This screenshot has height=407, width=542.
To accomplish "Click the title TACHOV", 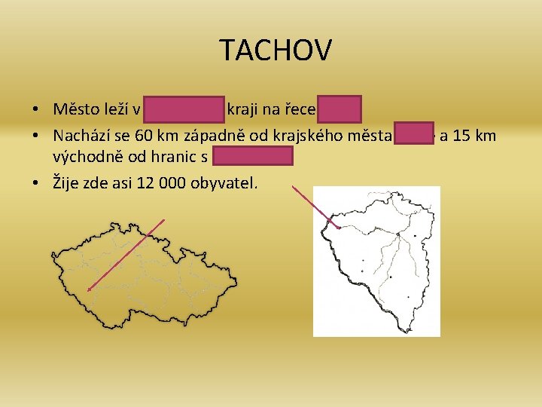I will point(276,50).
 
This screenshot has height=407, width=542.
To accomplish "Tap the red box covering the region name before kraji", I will point(184,109).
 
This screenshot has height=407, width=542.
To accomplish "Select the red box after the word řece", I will point(339,109).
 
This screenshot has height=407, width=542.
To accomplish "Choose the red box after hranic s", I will point(252,156).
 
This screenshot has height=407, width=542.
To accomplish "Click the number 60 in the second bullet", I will point(148,136).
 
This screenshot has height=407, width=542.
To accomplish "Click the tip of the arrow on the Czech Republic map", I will point(89,288).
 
